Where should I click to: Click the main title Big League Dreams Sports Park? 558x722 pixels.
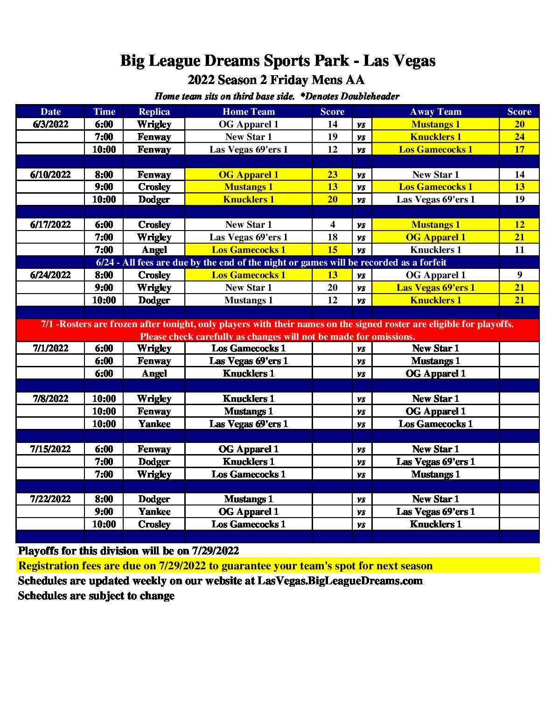pos(278,61)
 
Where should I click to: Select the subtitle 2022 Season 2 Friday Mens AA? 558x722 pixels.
pos(276,80)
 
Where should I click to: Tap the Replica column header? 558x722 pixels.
pos(154,112)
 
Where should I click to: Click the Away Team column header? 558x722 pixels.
pos(435,112)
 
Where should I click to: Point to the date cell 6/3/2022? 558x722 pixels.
pos(50,124)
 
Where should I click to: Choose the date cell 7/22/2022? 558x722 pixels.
pos(50,499)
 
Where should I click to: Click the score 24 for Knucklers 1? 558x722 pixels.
pos(519,137)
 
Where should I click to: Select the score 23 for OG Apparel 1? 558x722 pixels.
pos(332,175)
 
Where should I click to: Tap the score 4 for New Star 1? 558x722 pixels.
pos(332,224)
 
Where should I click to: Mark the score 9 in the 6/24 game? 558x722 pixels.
pos(519,275)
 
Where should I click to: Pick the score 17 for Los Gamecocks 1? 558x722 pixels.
pos(519,149)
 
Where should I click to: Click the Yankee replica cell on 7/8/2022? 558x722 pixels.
pos(154,424)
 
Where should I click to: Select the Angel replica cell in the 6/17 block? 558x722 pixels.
pos(154,250)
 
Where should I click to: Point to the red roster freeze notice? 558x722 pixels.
pos(278,330)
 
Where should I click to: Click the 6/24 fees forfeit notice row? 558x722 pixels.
pos(271,262)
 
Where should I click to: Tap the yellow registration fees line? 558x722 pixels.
pos(225,566)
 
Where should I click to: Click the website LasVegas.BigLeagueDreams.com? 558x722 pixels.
pos(340,581)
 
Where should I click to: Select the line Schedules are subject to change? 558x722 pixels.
pos(96,596)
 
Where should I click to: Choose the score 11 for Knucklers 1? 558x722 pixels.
pos(519,250)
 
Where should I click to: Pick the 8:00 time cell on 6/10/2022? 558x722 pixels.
pos(104,175)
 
